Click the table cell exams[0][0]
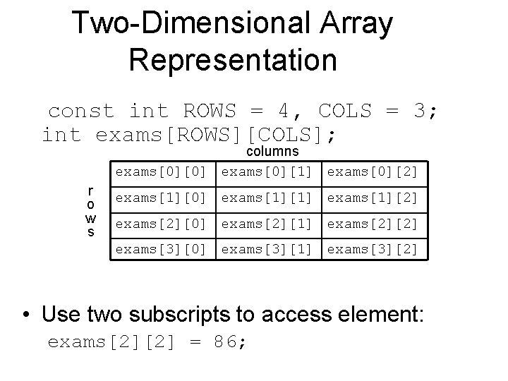pyautogui.click(x=161, y=172)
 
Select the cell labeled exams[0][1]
pyautogui.click(x=267, y=172)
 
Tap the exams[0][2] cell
pyautogui.click(x=373, y=172)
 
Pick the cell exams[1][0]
pyautogui.click(x=161, y=198)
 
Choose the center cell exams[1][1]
pyautogui.click(x=267, y=198)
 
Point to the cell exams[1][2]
pyautogui.click(x=373, y=198)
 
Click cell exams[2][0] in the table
pyautogui.click(x=161, y=224)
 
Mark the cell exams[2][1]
pyautogui.click(x=267, y=224)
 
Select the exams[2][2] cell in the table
pyautogui.click(x=373, y=224)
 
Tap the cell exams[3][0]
pyautogui.click(x=161, y=249)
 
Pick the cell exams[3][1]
pyautogui.click(x=267, y=249)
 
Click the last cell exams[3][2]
pyautogui.click(x=373, y=249)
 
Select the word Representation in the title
pyautogui.click(x=233, y=60)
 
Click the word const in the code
pyautogui.click(x=81, y=111)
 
